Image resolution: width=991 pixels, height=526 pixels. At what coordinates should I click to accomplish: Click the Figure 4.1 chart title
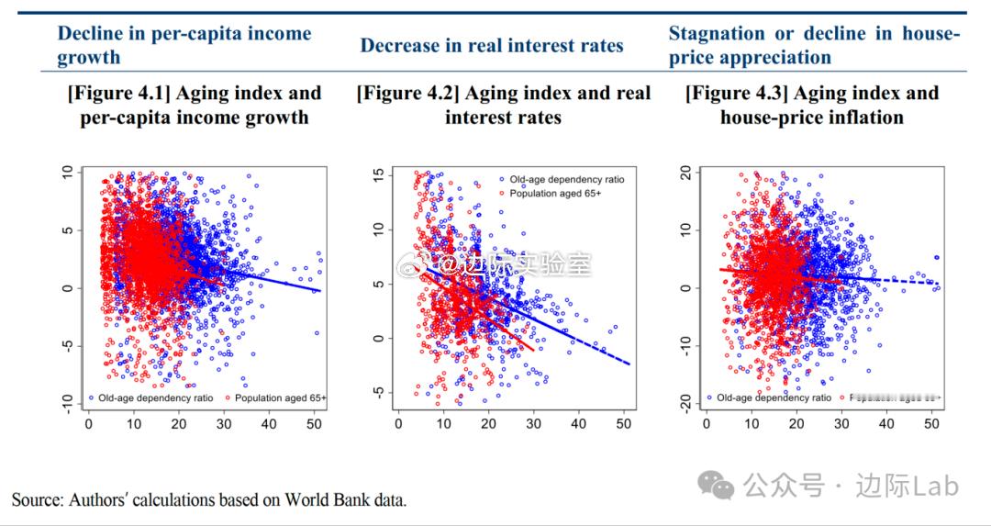click(x=194, y=105)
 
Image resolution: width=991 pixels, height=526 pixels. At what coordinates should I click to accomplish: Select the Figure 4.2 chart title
click(x=503, y=105)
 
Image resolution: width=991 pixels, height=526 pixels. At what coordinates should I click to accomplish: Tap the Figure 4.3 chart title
click(x=812, y=105)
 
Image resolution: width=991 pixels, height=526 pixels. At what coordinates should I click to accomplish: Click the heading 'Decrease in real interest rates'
click(x=492, y=46)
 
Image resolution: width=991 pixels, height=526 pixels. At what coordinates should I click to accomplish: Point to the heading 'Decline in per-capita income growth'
click(x=184, y=45)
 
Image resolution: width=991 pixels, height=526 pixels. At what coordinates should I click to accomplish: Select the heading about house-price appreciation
click(x=814, y=45)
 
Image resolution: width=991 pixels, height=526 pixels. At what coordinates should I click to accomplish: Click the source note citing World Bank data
click(x=209, y=500)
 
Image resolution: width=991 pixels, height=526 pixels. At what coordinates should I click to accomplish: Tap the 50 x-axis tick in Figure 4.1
click(x=314, y=424)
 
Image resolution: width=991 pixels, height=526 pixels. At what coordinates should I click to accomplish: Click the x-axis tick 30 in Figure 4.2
click(x=533, y=424)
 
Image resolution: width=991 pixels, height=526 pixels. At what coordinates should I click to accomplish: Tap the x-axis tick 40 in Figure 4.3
click(x=886, y=424)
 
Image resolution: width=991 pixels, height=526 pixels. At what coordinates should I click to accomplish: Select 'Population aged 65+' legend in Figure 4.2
click(x=555, y=194)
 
